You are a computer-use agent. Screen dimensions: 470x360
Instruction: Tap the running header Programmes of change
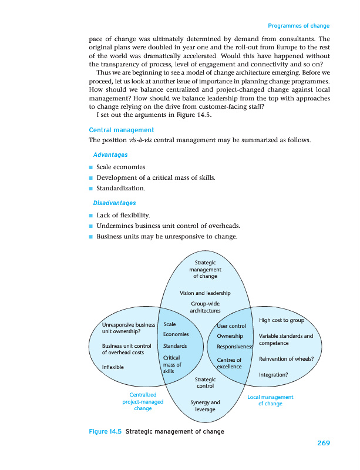point(298,26)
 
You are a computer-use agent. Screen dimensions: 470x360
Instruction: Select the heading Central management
point(121,130)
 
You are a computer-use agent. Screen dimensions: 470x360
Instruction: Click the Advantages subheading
point(110,155)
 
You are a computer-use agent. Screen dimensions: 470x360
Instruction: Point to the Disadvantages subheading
point(115,203)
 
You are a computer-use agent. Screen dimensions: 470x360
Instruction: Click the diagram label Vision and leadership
point(205,293)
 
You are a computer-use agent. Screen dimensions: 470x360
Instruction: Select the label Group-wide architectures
point(205,307)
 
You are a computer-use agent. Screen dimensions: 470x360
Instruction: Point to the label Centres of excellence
point(229,363)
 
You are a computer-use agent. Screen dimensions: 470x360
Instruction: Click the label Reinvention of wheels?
point(286,358)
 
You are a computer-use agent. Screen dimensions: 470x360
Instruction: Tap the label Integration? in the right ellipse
point(273,374)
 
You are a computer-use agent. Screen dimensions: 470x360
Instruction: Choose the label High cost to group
point(281,320)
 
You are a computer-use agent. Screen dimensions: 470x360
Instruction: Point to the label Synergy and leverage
point(205,406)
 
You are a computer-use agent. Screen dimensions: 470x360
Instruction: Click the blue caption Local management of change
point(270,401)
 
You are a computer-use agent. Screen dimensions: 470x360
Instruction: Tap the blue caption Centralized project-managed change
point(143,401)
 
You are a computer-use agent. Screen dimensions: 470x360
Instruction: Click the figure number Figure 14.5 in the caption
point(105,432)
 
